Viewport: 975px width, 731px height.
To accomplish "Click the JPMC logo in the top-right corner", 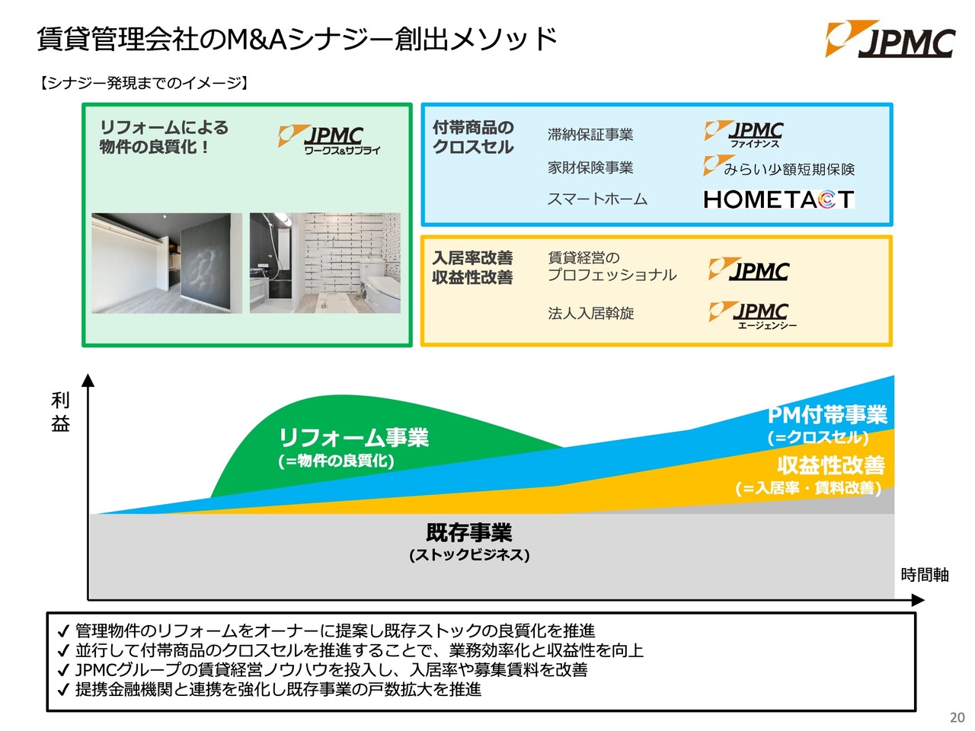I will (890, 40).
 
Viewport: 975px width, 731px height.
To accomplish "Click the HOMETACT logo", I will (778, 200).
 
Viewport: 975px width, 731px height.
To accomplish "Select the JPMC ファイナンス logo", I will (744, 135).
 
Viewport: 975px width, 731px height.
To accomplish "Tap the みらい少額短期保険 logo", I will (778, 168).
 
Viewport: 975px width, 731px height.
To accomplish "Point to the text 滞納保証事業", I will (590, 135).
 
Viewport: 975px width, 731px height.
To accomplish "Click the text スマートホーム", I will (597, 200).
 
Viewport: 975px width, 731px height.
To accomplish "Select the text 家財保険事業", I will (590, 168).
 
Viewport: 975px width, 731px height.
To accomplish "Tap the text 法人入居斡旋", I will (590, 313).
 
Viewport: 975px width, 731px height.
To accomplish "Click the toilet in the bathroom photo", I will (379, 282).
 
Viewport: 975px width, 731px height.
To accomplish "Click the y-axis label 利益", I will (60, 412).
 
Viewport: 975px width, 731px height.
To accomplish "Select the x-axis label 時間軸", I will (924, 575).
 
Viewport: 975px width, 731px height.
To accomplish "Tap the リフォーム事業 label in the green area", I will (353, 438).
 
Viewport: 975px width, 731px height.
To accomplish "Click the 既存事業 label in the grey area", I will (468, 533).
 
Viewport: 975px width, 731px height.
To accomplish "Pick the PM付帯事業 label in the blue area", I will (827, 416).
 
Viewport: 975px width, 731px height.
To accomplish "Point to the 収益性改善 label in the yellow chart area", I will (830, 465).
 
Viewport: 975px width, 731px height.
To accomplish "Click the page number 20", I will (957, 717).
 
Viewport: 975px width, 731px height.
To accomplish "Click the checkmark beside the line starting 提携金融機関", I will (63, 691).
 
